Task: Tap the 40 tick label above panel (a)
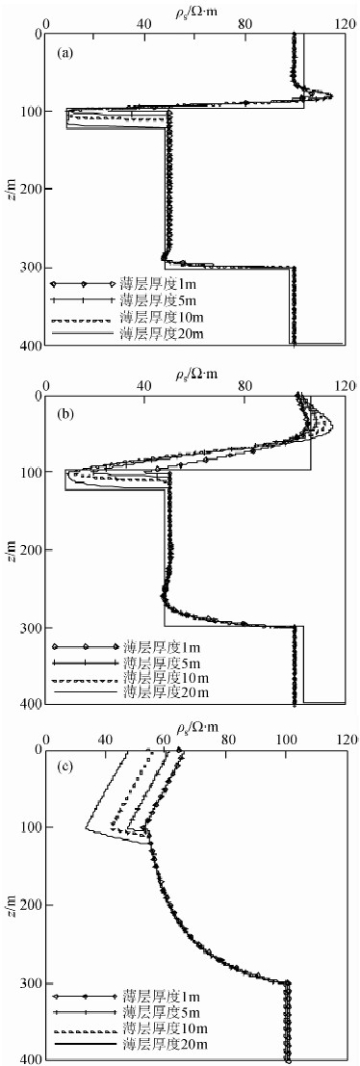(x=143, y=24)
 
